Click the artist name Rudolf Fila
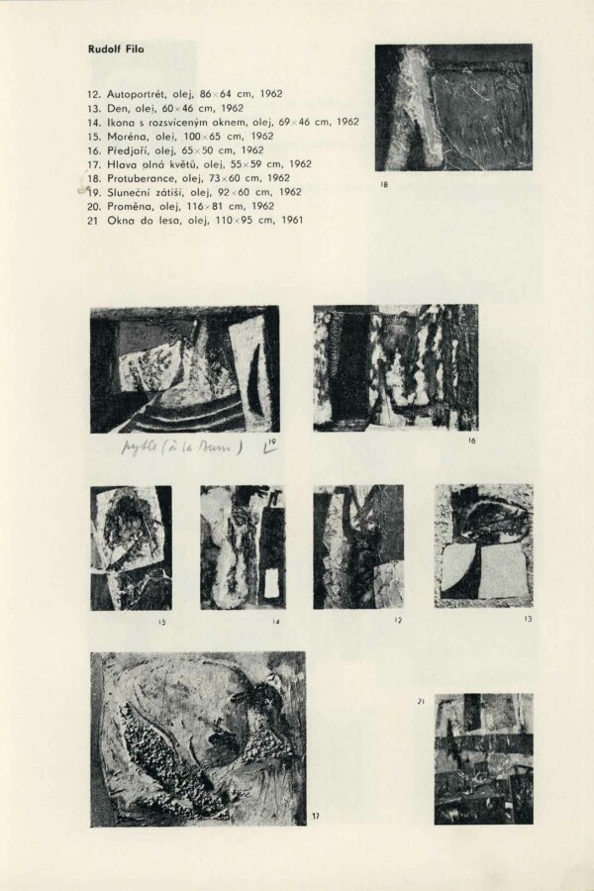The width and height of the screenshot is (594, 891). pos(115,48)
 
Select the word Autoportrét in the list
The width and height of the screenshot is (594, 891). pos(138,93)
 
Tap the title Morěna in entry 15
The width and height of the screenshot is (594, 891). pos(127,136)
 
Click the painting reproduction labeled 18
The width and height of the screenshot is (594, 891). pos(453,107)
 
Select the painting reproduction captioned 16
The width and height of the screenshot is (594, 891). pos(395,367)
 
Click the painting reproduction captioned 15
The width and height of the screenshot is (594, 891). pos(131,547)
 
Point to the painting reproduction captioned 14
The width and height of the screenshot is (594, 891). pos(243,546)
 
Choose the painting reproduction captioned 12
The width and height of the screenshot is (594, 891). pos(357,546)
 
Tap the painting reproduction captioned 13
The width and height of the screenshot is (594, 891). pos(483,545)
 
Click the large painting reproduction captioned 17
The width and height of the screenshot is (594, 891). pos(198,739)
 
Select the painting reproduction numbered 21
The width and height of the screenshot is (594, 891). pos(483,758)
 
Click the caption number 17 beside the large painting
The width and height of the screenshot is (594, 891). pos(316,816)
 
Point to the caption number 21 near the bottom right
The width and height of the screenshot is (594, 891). pos(421,702)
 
